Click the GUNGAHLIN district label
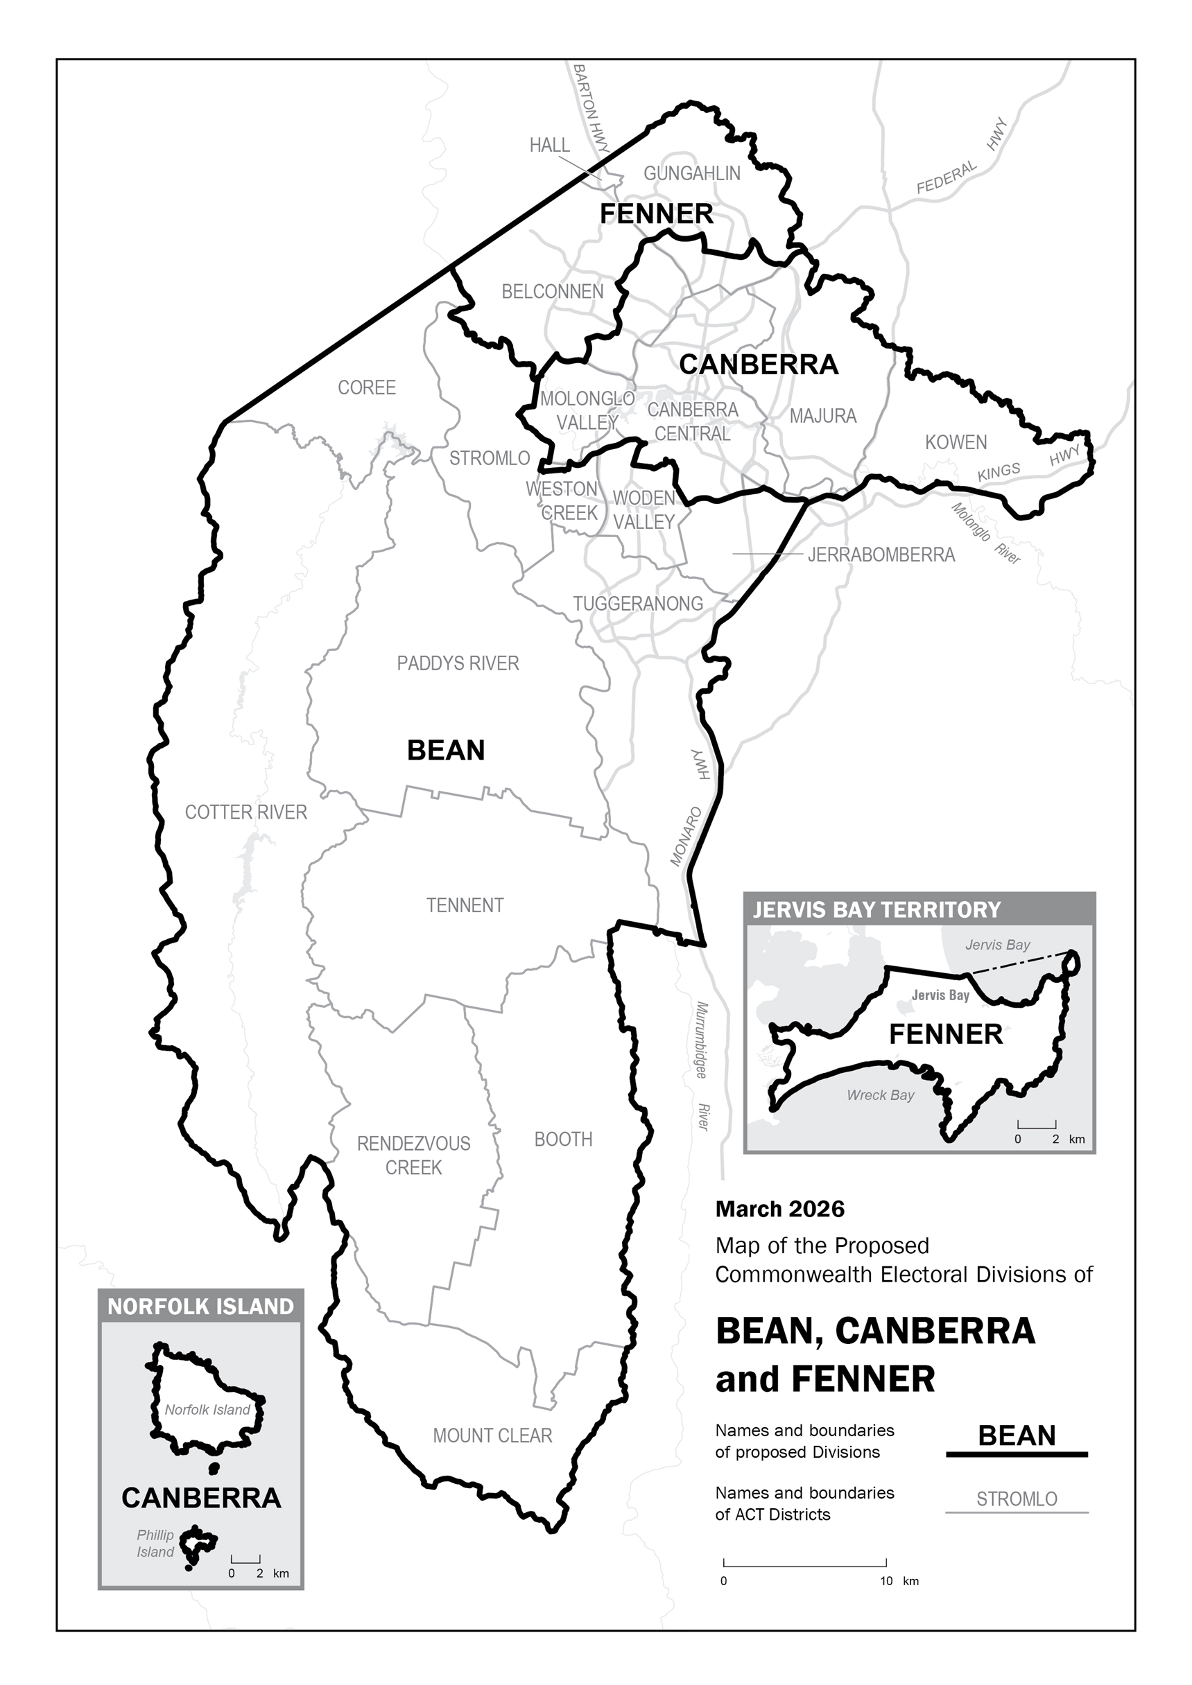click(691, 174)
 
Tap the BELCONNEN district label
click(552, 291)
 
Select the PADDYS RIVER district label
click(457, 663)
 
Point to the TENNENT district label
click(465, 906)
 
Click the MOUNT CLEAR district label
click(492, 1436)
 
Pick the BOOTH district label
click(563, 1139)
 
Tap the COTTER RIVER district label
click(246, 812)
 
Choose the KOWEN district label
click(956, 442)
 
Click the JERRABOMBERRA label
click(881, 555)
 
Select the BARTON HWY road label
click(591, 109)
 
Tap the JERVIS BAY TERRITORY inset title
click(876, 910)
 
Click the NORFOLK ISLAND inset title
click(200, 1307)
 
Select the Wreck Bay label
click(880, 1095)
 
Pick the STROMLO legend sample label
click(1017, 1499)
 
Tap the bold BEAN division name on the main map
click(446, 751)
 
